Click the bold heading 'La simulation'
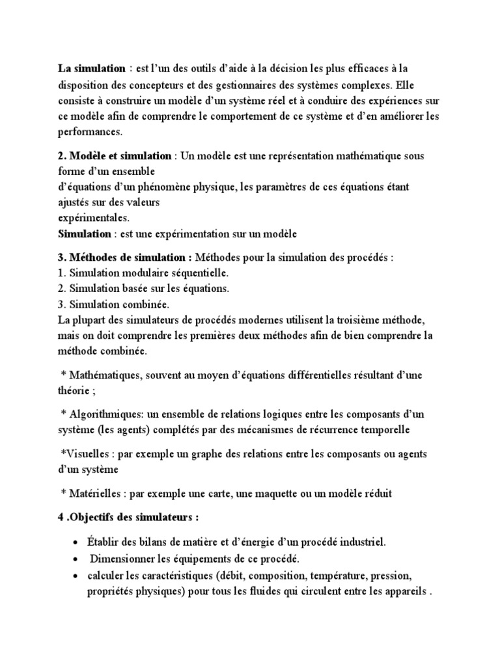pos(91,68)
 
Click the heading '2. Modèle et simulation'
pos(115,156)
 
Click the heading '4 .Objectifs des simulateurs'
pos(128,517)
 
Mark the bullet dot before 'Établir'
pos(78,542)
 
